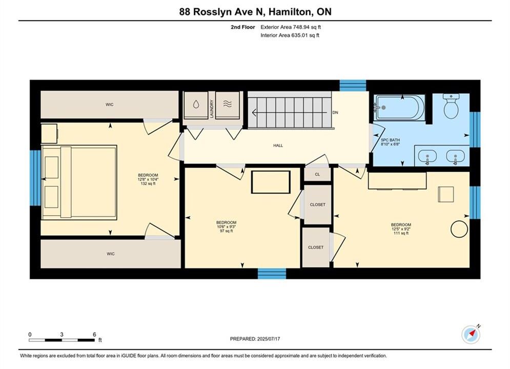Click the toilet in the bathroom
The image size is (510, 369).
pos(451,106)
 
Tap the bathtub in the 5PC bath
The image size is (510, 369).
pos(399,108)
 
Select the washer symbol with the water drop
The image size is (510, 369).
pos(196,105)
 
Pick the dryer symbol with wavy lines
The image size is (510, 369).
pos(228,105)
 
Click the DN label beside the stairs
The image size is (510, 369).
pos(335,112)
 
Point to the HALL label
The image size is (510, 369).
pos(278,146)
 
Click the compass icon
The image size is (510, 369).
pos(471,334)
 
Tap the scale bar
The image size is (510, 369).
pos(62,340)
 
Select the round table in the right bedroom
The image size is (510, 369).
pos(459,229)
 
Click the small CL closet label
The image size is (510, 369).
pos(317,175)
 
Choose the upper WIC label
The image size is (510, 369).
pos(110,105)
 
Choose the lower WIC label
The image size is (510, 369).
pos(111,254)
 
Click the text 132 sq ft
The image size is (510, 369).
pos(148,183)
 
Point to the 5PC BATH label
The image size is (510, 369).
pos(390,140)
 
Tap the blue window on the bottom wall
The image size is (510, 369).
pos(272,273)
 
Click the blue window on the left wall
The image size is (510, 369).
pos(35,178)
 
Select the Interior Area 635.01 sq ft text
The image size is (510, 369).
pos(290,35)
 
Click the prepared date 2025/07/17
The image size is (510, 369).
pos(269,339)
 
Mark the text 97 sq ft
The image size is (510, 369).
pos(227,231)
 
